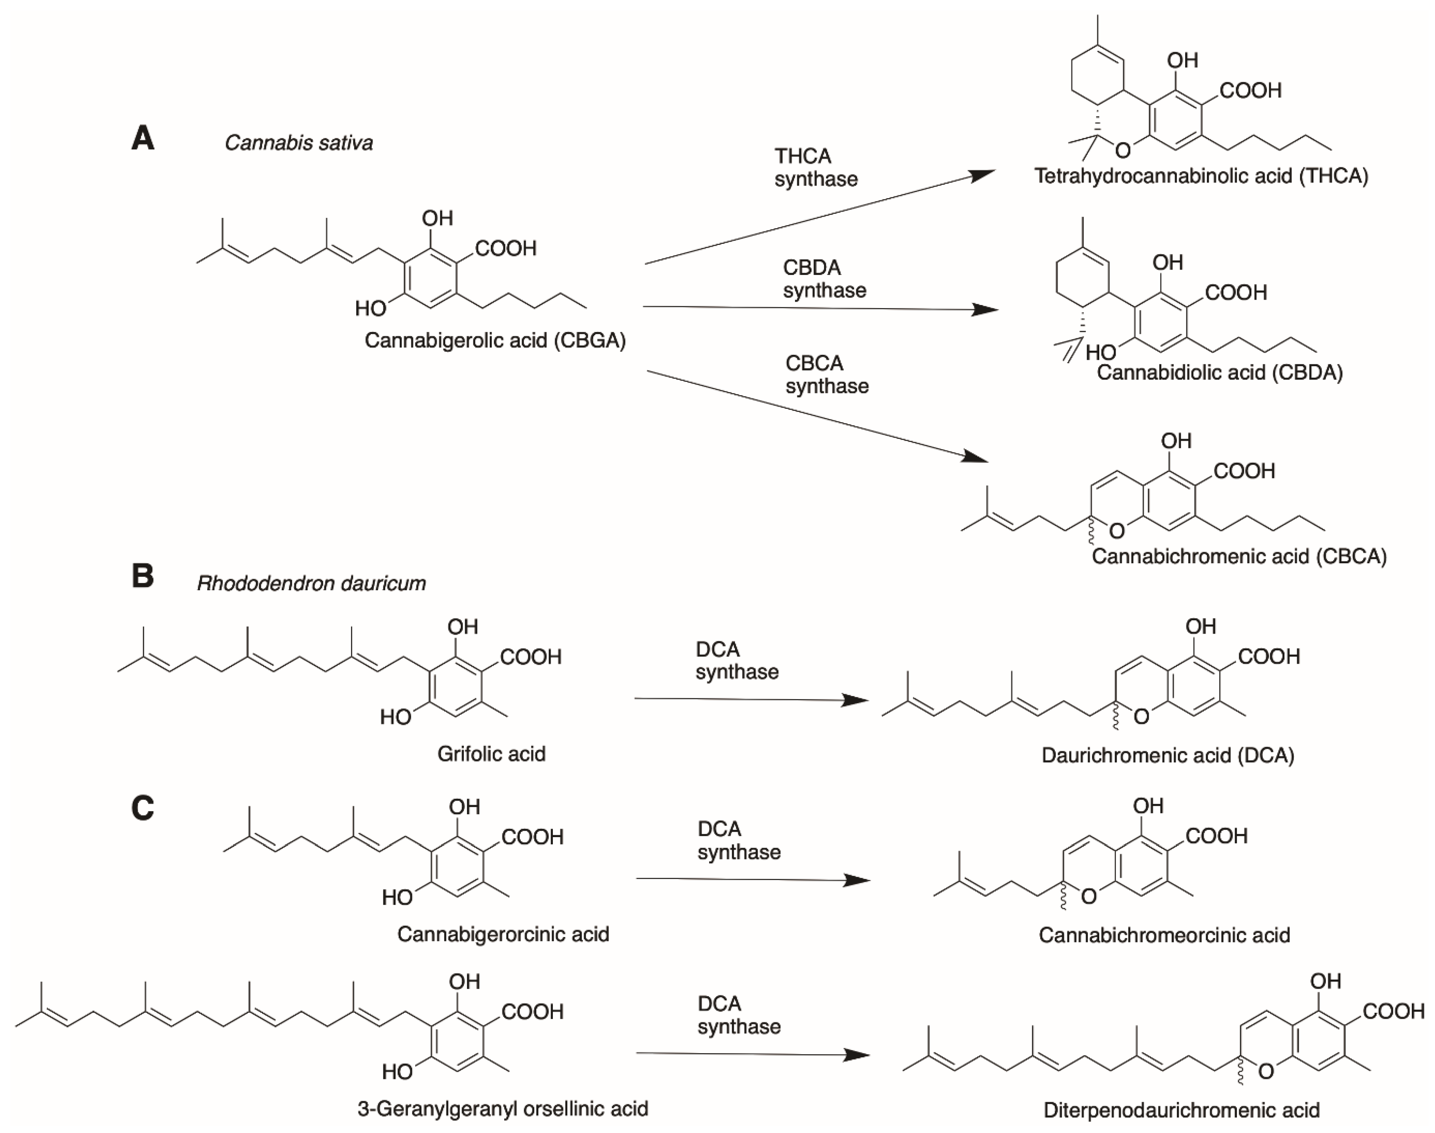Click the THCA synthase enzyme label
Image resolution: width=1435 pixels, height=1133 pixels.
point(816,167)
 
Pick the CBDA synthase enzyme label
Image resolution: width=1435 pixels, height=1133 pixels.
point(824,279)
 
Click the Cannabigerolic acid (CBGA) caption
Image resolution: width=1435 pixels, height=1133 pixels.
point(495,340)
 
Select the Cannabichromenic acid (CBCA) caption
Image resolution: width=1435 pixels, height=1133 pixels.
point(1239,556)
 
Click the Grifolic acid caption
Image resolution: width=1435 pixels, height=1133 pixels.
point(491,753)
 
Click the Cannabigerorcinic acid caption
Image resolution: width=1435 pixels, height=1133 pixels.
point(503,934)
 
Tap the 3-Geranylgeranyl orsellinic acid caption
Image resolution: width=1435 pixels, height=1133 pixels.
point(503,1108)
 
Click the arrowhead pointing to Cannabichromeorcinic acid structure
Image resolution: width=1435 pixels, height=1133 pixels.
point(857,880)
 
